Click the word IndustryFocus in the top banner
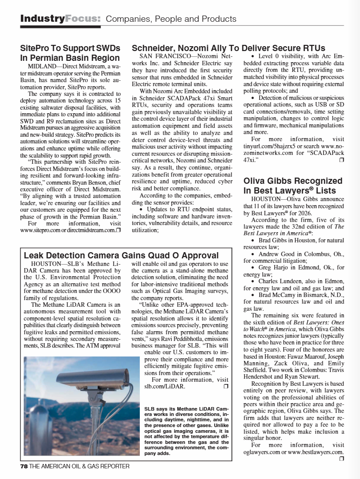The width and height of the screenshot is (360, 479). [x=60, y=19]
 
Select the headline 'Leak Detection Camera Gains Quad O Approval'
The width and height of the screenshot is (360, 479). [x=121, y=255]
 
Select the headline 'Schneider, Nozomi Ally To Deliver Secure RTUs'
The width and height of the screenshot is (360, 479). [x=229, y=48]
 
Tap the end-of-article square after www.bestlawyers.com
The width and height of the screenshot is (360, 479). [x=341, y=459]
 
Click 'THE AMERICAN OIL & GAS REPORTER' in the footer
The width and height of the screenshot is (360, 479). [x=79, y=467]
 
